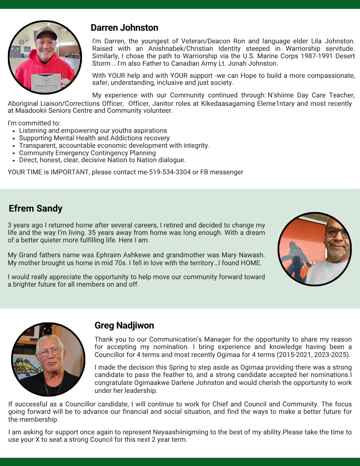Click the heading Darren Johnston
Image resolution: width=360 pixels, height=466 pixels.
pos(124,28)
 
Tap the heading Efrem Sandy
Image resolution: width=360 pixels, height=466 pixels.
pos(35,208)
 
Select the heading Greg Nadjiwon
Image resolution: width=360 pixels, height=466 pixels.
pos(124,325)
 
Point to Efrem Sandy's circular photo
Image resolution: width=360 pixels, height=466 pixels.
pos(315,249)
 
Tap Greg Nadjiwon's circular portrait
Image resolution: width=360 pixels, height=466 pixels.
pos(48,359)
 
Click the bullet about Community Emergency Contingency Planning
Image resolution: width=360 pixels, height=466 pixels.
pos(88,153)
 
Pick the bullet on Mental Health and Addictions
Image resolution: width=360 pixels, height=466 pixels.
pos(95,138)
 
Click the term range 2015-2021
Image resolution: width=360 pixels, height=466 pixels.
pos(295,355)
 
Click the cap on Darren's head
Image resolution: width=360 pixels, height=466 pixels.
pos(46,34)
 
